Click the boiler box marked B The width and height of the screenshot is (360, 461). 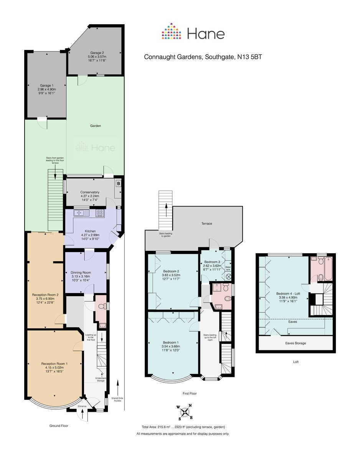tap(119, 184)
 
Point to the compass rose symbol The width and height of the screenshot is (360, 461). tap(185, 412)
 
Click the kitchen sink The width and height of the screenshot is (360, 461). tap(82, 212)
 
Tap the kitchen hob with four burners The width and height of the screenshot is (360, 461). tap(99, 212)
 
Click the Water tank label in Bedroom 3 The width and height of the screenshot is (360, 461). tap(228, 268)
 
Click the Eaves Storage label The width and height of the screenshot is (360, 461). tap(296, 343)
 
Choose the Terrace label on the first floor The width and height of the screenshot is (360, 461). tap(206, 224)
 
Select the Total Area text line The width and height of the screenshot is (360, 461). tap(183, 427)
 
